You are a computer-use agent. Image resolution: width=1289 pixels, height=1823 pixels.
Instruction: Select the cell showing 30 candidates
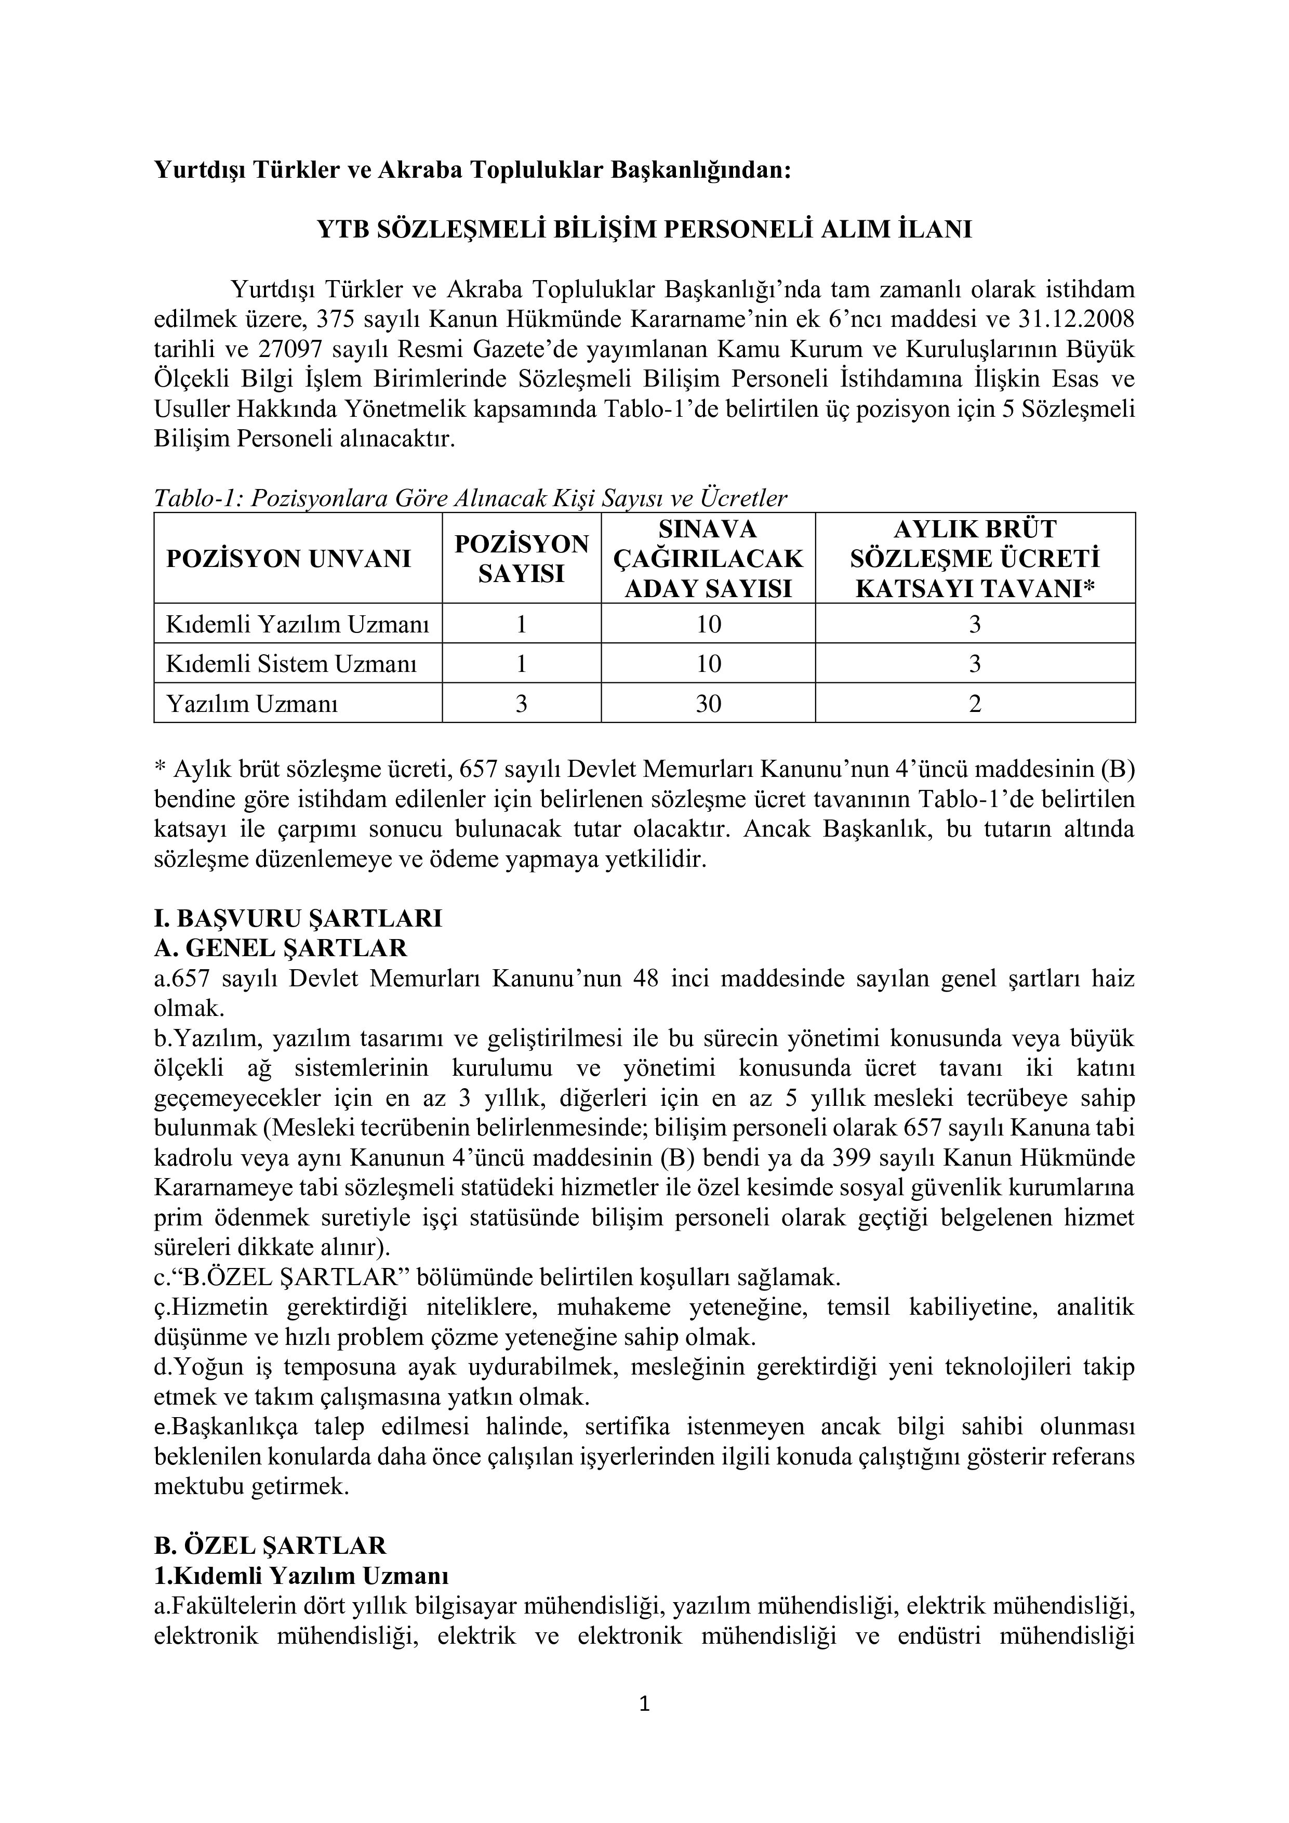(708, 704)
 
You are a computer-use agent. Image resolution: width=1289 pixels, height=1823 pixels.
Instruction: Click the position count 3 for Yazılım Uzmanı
(522, 704)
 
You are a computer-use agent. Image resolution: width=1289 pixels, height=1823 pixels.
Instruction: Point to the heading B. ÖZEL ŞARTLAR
(270, 1545)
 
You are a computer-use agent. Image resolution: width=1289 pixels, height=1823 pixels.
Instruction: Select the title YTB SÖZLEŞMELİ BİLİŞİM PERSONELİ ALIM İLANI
(644, 230)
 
